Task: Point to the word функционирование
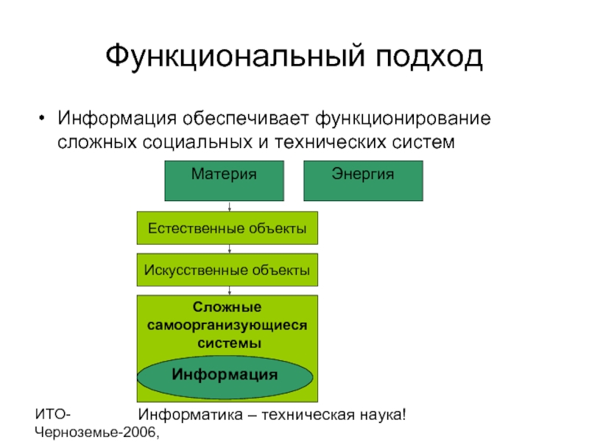tap(404, 118)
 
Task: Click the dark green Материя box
tap(224, 181)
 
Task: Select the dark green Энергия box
tap(363, 181)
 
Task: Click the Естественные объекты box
tap(228, 228)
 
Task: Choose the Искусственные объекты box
tap(228, 270)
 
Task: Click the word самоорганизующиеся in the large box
tap(228, 325)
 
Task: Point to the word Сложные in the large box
tap(228, 308)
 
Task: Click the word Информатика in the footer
tap(187, 415)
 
